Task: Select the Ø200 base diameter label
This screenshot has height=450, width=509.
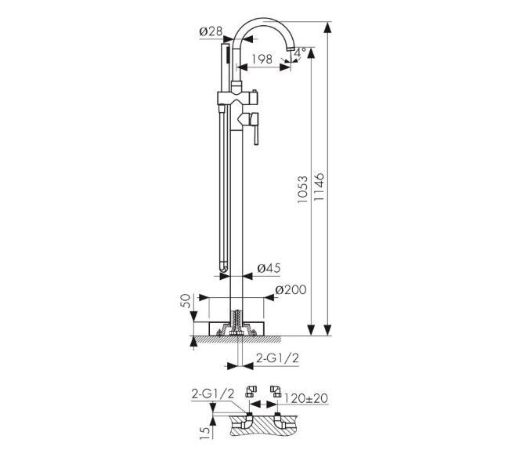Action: click(x=291, y=289)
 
